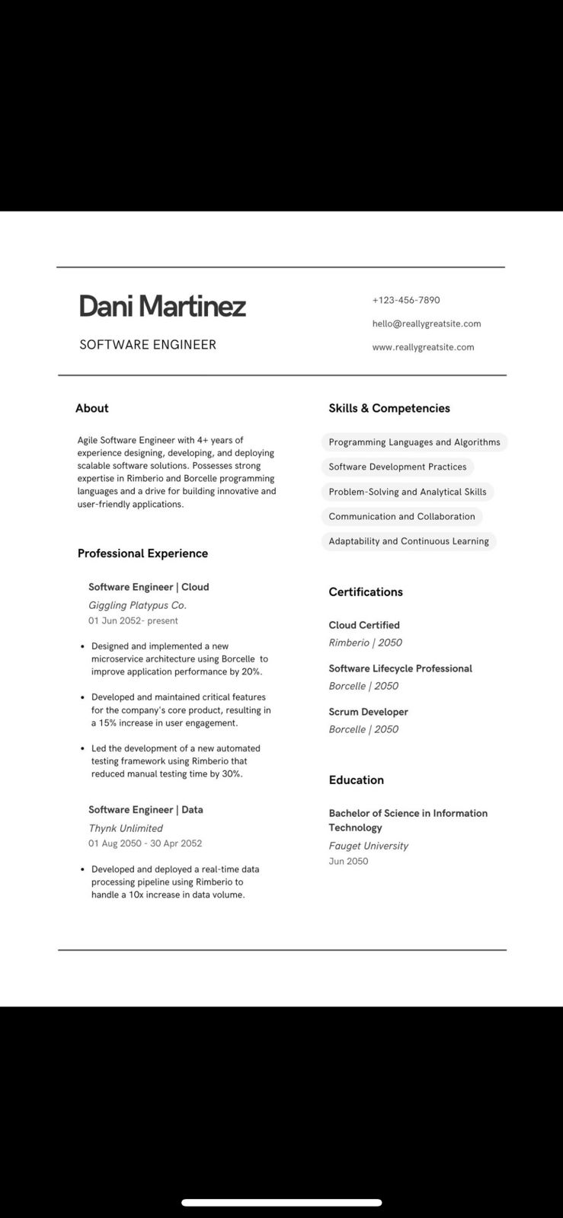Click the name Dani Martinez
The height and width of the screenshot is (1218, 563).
point(162,306)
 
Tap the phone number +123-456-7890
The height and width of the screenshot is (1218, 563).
point(406,300)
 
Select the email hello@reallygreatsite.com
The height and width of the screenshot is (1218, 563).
point(427,324)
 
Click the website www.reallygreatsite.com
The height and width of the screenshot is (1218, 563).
point(423,347)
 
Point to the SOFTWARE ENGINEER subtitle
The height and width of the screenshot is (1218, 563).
point(148,345)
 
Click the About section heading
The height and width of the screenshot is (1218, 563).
point(92,408)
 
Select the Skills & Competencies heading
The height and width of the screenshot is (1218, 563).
point(389,408)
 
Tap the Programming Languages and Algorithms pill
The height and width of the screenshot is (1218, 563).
point(414,442)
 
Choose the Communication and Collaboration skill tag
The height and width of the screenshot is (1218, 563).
point(401,516)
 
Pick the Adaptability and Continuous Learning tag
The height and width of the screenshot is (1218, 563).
point(408,541)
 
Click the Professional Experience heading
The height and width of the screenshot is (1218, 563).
point(142,553)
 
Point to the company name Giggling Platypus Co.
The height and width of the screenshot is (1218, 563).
point(137,605)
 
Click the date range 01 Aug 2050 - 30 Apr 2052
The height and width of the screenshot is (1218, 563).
point(145,843)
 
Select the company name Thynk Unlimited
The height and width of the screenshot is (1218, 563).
point(126,828)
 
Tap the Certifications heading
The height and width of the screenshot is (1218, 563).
point(366,592)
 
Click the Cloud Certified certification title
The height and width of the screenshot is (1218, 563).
point(364,625)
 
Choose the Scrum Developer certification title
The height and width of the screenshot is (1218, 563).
point(368,712)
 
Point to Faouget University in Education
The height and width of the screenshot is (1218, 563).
point(368,846)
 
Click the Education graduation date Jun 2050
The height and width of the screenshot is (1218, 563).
point(348,861)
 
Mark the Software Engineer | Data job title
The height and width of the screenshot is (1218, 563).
point(146,810)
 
